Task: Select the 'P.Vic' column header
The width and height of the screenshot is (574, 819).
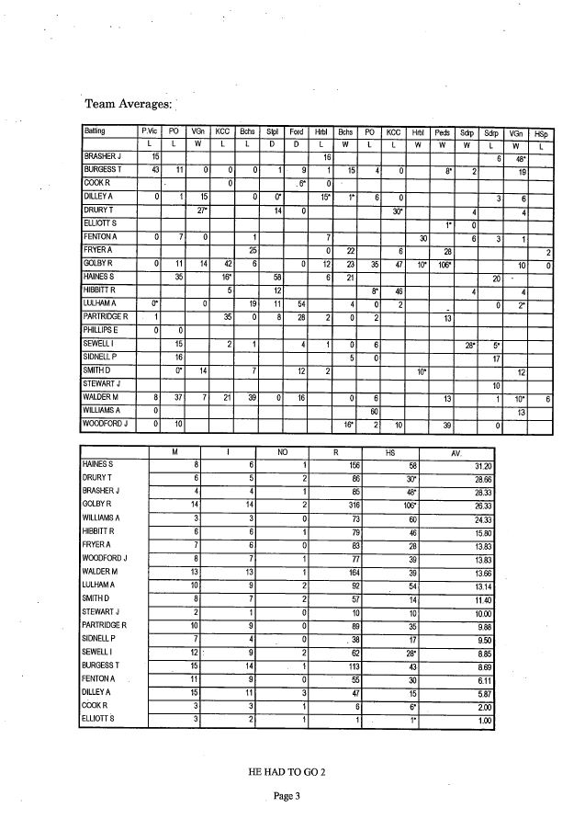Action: tap(148, 132)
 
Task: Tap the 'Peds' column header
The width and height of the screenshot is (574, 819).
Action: tap(442, 132)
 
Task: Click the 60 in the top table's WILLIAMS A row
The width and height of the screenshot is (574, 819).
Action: tap(374, 412)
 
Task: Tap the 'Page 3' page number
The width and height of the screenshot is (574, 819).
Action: tap(287, 796)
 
